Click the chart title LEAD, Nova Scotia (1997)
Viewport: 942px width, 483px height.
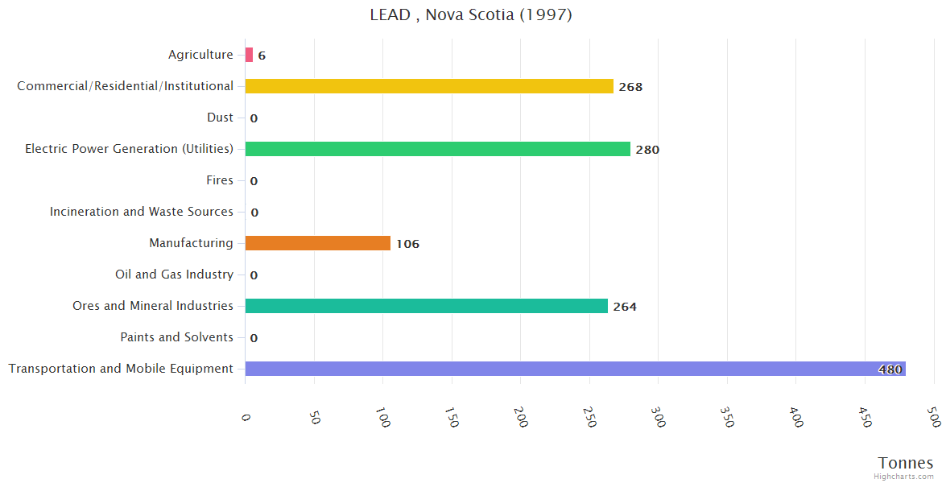point(471,14)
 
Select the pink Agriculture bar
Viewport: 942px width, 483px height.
point(249,55)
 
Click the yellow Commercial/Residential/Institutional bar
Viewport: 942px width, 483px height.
point(429,86)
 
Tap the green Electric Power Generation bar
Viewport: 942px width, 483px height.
point(437,149)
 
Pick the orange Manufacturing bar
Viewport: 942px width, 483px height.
point(317,243)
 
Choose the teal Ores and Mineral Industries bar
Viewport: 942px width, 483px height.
point(426,306)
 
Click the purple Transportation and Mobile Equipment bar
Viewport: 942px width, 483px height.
point(575,369)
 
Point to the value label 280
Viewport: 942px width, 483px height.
point(647,150)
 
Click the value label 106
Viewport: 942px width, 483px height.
point(407,244)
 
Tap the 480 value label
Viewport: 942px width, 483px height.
point(890,369)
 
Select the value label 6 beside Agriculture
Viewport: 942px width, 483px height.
point(262,56)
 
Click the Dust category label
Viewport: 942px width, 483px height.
point(220,118)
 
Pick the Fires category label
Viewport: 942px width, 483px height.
point(220,180)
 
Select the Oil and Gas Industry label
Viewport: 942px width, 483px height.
point(174,275)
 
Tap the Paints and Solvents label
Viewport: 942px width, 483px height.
point(176,337)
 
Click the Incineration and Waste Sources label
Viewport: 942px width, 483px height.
point(141,212)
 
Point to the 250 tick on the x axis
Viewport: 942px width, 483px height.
point(590,417)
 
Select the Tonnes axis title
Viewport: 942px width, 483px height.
point(906,463)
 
